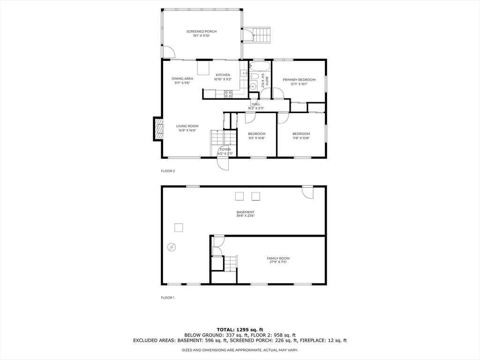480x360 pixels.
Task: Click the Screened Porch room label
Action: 202,31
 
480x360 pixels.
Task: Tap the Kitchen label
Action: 223,75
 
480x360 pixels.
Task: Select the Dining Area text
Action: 182,79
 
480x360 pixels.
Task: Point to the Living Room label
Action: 187,126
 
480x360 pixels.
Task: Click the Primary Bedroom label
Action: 299,80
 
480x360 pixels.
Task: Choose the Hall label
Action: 256,104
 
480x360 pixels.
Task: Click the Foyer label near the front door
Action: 225,150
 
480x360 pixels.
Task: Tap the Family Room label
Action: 278,258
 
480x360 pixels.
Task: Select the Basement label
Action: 245,212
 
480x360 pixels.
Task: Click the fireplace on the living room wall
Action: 157,129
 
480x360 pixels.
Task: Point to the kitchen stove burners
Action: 228,94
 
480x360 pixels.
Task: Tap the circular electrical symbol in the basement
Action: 171,247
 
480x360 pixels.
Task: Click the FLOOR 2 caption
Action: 168,171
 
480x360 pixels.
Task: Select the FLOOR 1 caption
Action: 167,298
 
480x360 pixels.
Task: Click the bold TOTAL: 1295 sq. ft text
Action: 240,329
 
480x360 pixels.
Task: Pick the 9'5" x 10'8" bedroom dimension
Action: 256,138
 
